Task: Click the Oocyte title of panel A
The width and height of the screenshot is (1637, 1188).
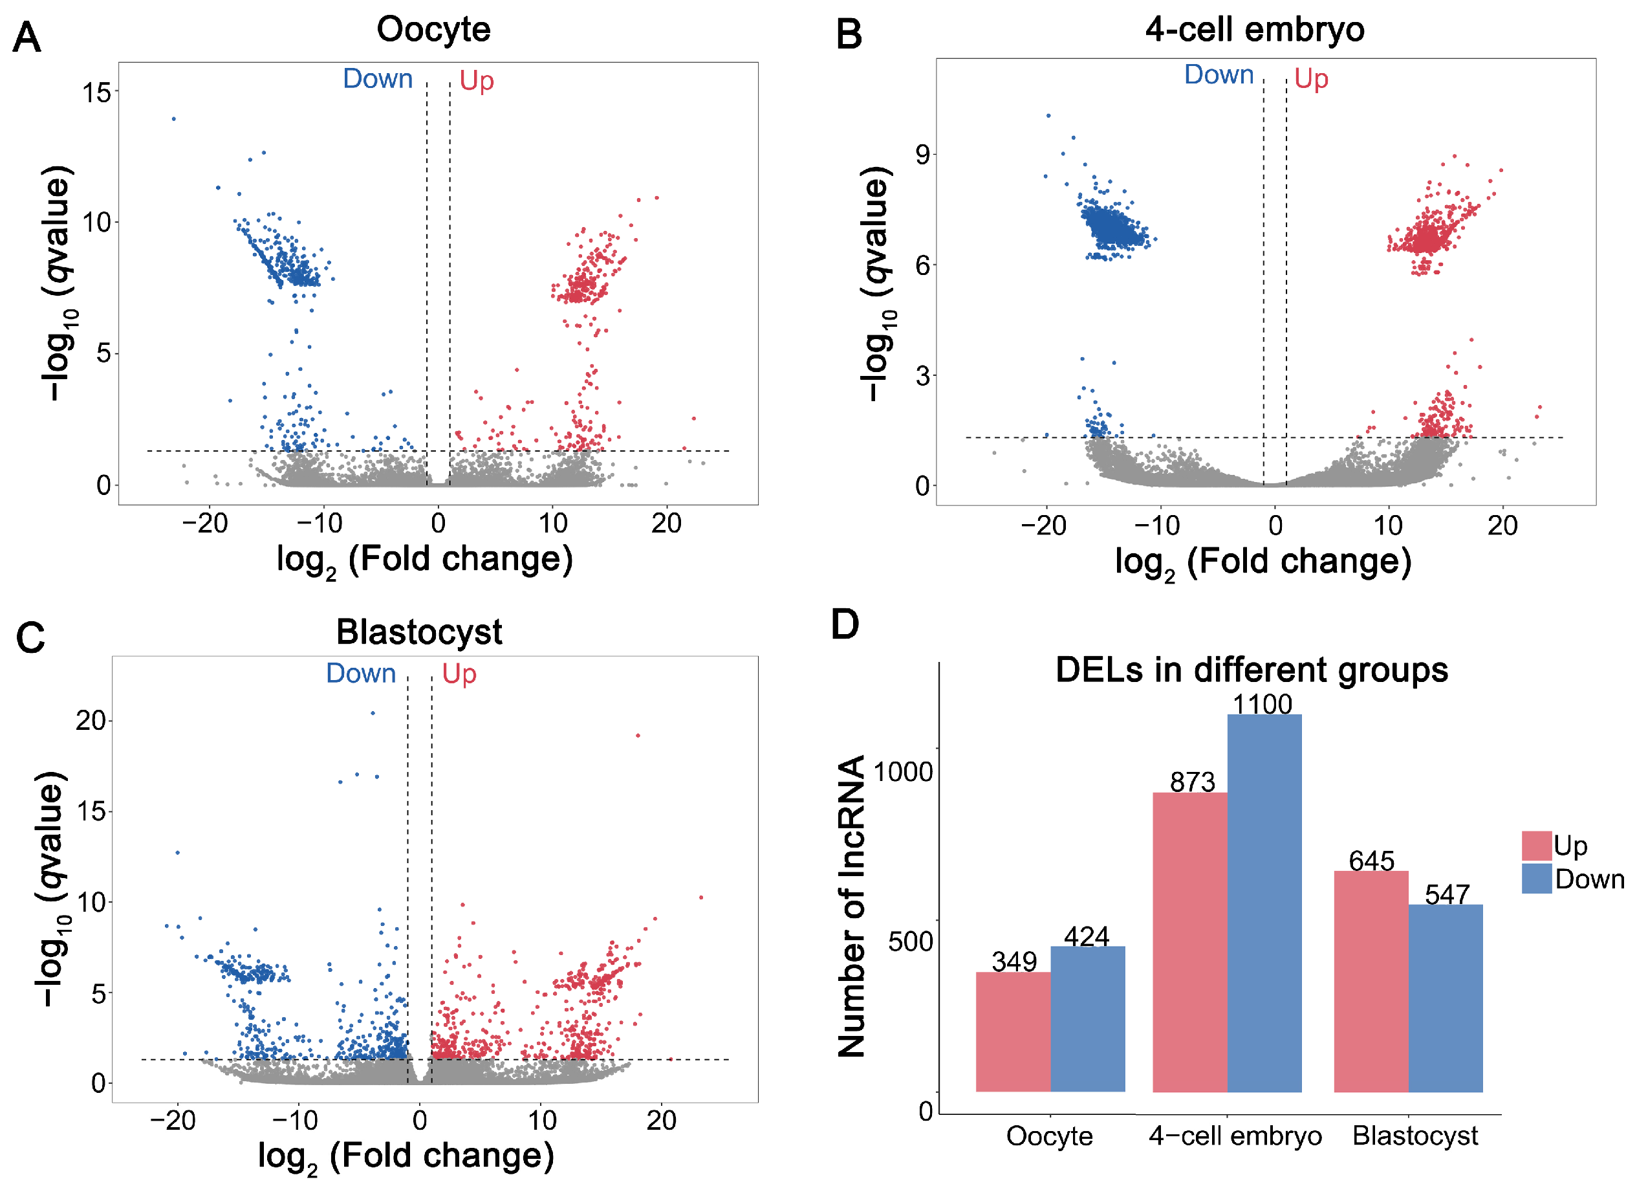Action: [x=433, y=30]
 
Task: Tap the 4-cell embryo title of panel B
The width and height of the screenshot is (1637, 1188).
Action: [x=1255, y=30]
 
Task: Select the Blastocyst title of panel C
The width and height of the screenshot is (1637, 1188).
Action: [x=418, y=632]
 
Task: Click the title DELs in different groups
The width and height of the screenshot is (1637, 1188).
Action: [x=1252, y=670]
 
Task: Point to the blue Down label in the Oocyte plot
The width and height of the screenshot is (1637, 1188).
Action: [x=378, y=79]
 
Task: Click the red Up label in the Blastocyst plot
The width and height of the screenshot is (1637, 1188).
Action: [x=459, y=674]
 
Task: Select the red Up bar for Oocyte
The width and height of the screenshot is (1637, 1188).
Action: [x=1013, y=1032]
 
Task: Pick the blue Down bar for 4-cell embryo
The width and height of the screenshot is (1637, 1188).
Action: [x=1264, y=903]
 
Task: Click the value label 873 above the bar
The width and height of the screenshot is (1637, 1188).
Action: [x=1193, y=782]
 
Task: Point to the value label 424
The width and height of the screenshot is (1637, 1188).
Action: [x=1087, y=937]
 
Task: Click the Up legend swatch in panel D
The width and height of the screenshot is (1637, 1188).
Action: [x=1537, y=846]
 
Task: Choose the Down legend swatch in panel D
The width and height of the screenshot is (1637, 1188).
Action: [x=1537, y=879]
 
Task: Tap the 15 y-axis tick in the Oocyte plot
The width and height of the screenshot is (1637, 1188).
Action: [x=97, y=93]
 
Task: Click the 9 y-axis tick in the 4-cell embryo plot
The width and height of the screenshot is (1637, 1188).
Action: [x=922, y=155]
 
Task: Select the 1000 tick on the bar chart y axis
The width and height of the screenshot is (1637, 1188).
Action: [x=903, y=772]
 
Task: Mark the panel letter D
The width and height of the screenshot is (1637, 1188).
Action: [x=845, y=624]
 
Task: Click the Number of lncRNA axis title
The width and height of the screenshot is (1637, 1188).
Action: [x=852, y=907]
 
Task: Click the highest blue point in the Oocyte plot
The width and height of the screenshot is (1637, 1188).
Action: [x=174, y=119]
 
